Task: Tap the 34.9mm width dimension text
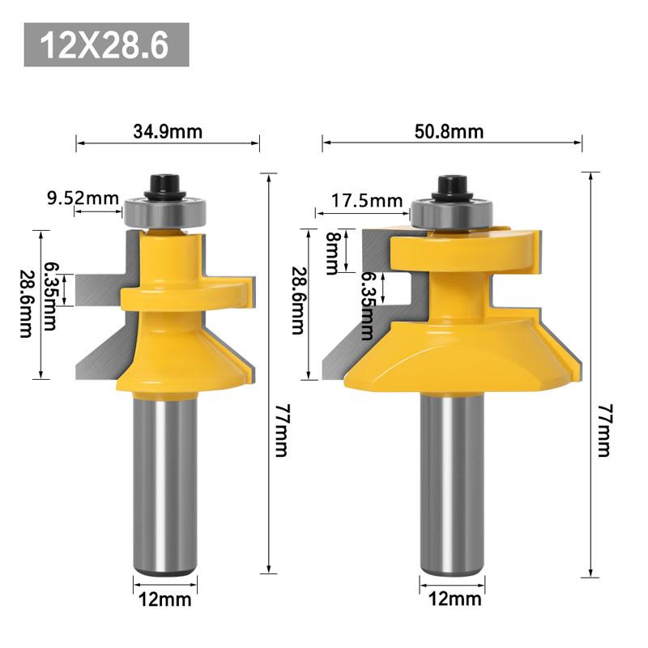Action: [x=168, y=132]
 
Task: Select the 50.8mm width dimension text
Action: [x=449, y=132]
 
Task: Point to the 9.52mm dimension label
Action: [x=83, y=198]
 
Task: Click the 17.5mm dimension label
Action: [x=367, y=201]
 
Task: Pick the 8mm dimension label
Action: [x=332, y=254]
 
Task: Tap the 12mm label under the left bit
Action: [x=165, y=599]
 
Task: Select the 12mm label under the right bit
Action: [x=454, y=599]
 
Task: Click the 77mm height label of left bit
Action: [x=282, y=430]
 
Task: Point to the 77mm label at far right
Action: [x=605, y=430]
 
